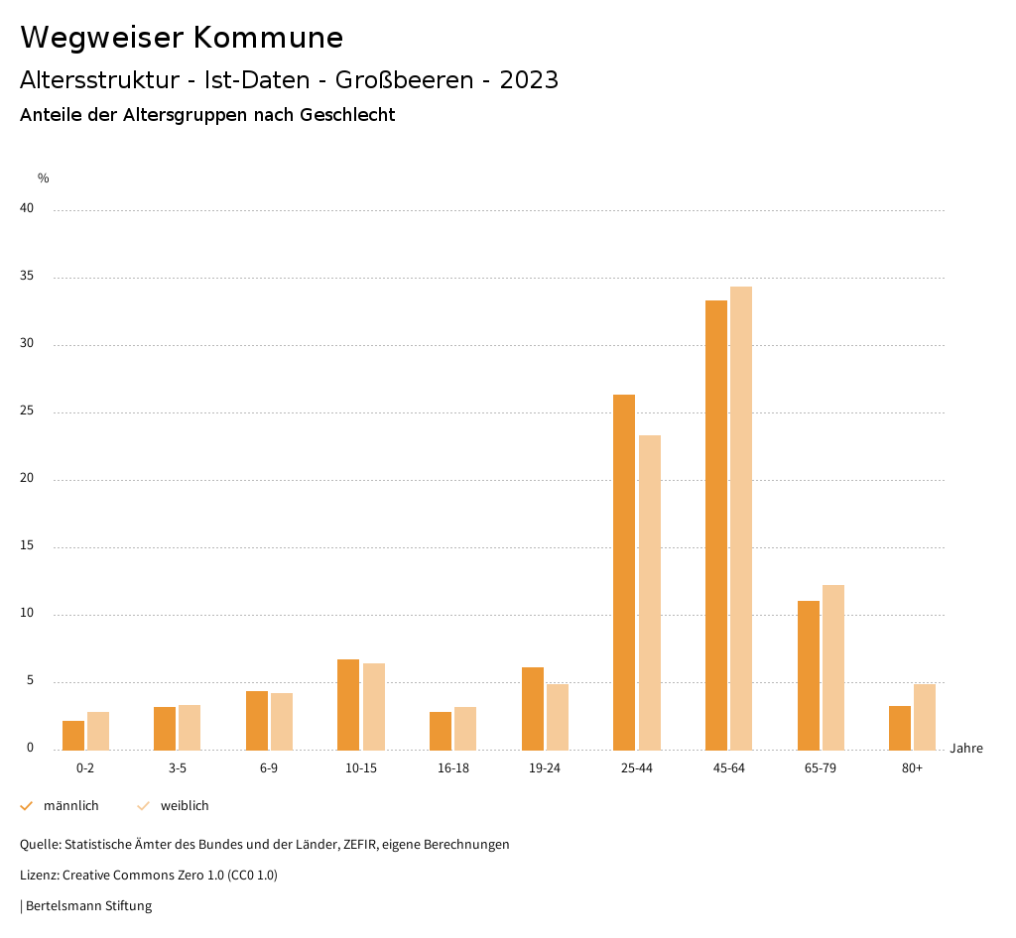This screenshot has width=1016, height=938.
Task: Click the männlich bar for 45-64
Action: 716,525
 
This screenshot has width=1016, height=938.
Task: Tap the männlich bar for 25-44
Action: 624,572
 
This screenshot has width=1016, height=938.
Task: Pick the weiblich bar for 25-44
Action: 650,592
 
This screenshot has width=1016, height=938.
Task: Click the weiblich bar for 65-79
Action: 833,667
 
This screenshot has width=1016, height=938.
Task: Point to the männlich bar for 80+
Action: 900,728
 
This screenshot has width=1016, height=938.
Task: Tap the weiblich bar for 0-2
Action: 98,731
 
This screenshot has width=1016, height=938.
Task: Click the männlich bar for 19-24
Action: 533,708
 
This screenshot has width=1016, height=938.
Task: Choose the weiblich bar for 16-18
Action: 465,728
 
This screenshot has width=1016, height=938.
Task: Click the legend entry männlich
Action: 70,805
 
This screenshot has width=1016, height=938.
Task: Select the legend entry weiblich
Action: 185,805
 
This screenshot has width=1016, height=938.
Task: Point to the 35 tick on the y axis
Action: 27,277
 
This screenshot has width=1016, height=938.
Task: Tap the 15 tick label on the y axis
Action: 27,546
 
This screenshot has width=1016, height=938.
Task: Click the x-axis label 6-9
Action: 269,768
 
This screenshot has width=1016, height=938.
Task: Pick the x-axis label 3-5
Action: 177,768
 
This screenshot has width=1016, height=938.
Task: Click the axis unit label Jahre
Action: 965,748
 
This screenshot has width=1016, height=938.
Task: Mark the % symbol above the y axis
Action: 43,178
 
